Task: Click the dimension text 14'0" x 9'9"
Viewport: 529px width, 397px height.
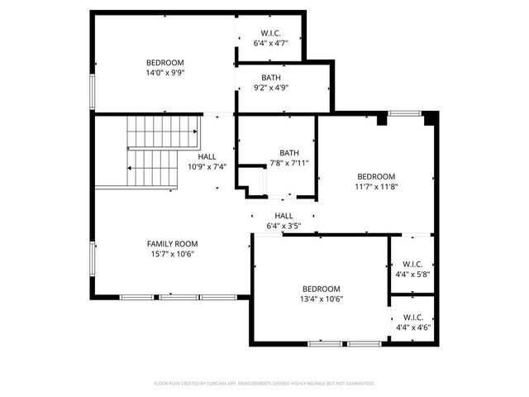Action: click(165, 73)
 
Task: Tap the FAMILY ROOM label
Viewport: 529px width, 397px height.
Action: click(173, 244)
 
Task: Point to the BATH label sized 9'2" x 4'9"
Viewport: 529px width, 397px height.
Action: click(271, 78)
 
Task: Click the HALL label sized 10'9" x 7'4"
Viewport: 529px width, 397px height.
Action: click(207, 156)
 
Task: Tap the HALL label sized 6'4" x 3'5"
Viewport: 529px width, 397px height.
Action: click(284, 216)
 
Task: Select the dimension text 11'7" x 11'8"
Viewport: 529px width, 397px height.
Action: click(376, 187)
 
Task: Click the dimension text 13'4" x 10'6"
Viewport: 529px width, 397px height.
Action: click(322, 299)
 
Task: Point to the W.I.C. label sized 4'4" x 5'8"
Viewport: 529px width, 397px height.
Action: click(413, 264)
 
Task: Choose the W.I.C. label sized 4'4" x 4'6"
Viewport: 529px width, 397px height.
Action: click(413, 317)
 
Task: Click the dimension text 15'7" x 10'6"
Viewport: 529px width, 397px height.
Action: click(173, 255)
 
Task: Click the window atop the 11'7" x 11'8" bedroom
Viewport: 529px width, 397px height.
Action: click(404, 113)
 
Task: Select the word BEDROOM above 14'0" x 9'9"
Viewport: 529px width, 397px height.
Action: click(165, 63)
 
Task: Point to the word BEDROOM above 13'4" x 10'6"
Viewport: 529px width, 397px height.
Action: click(322, 289)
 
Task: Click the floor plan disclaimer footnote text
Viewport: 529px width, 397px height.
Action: click(264, 384)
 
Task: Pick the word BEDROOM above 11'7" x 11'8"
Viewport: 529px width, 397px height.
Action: click(376, 176)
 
